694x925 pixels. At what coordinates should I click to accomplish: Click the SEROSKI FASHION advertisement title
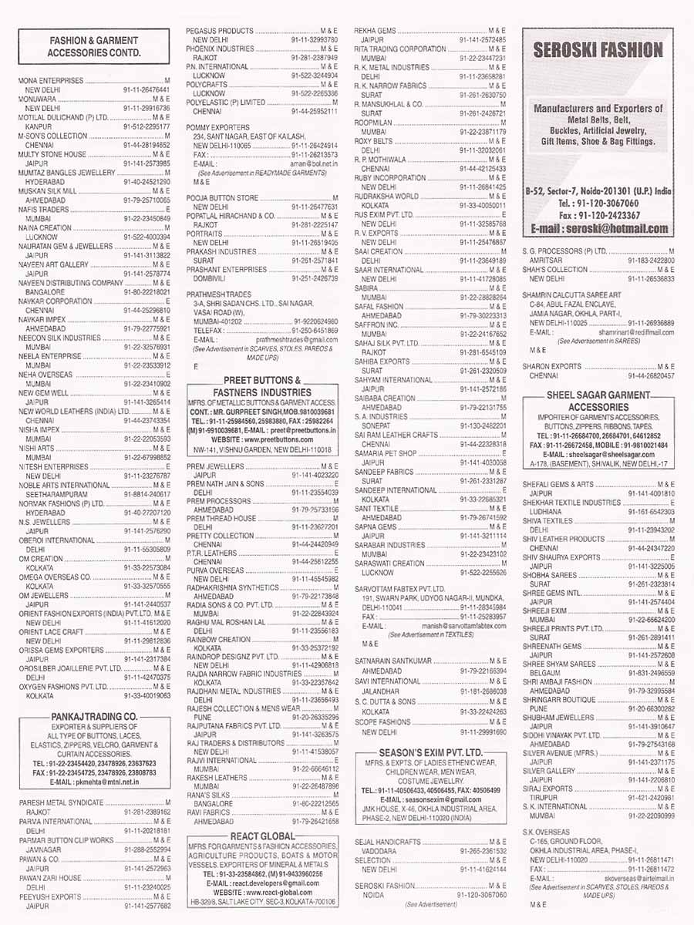pos(598,51)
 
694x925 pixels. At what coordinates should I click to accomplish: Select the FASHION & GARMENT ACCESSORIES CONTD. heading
pos(93,46)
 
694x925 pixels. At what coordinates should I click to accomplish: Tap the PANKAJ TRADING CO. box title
pos(93,717)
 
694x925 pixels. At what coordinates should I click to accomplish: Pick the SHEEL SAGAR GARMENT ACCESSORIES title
pos(598,400)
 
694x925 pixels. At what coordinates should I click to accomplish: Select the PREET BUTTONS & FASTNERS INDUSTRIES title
pos(262,385)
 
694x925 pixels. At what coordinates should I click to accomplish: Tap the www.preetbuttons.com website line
pos(262,439)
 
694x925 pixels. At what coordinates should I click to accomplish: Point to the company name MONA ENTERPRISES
pos(51,80)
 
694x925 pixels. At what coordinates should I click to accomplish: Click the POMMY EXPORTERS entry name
pos(218,126)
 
